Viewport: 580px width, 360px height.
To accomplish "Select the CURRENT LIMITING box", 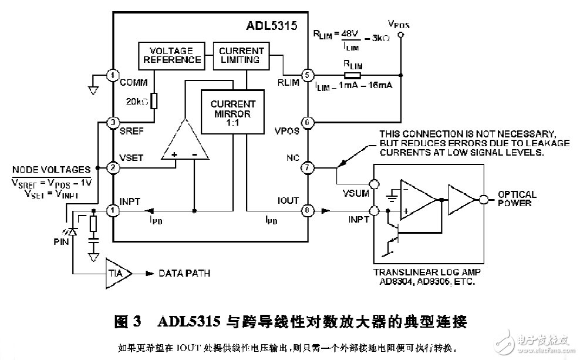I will [x=242, y=55].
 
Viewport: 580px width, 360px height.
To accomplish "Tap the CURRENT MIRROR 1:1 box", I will [x=233, y=109].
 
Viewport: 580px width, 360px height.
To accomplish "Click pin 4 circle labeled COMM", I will [x=113, y=75].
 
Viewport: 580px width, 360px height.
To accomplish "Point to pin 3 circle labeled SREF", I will [x=113, y=123].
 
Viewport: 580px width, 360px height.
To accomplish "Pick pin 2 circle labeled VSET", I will [x=113, y=168].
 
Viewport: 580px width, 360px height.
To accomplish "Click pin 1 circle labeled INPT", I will [x=113, y=210].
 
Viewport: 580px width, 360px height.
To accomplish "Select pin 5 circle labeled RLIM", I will [x=305, y=75].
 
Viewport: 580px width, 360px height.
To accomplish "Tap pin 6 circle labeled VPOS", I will [x=305, y=123].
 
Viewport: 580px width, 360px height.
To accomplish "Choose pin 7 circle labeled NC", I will [x=305, y=168].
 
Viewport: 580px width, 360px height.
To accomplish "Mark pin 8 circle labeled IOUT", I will [x=305, y=210].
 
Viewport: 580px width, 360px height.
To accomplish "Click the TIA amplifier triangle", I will [x=117, y=273].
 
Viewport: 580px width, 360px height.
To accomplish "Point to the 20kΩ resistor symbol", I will [x=154, y=101].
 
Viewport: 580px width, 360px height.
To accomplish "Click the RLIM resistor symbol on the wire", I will [x=352, y=75].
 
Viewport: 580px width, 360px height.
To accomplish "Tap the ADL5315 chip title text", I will [x=271, y=26].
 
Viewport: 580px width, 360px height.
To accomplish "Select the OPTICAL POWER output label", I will [x=517, y=198].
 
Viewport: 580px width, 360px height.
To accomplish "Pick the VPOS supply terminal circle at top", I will [x=400, y=36].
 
